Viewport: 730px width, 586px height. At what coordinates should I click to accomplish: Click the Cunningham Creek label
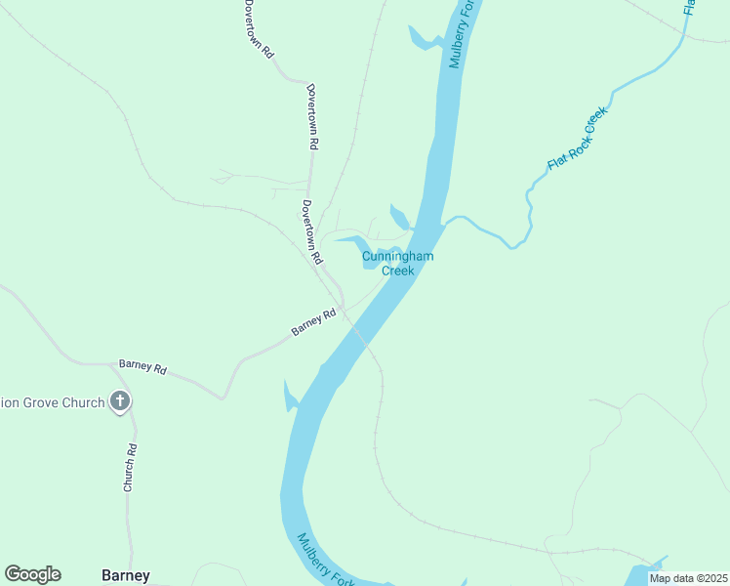[x=397, y=263]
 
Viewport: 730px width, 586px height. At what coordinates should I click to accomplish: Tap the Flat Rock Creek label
[x=577, y=138]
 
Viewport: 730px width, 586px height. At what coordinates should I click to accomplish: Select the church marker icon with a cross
[x=120, y=401]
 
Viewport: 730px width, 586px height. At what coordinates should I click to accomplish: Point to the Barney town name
[x=126, y=575]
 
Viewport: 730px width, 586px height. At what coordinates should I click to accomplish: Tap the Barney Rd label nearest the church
[x=142, y=367]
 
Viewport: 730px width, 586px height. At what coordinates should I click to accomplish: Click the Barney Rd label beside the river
[x=313, y=322]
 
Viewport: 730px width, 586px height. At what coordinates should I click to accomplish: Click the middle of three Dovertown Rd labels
[x=312, y=115]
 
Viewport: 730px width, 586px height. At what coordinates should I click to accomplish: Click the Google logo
[x=32, y=574]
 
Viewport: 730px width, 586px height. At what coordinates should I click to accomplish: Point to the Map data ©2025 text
[x=687, y=578]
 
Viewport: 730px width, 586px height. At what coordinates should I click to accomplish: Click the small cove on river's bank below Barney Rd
[x=290, y=396]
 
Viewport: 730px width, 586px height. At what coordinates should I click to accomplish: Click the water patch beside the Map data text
[x=644, y=570]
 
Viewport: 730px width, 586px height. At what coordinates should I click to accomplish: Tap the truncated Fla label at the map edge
[x=690, y=7]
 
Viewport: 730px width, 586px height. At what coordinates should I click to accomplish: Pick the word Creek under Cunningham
[x=397, y=271]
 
